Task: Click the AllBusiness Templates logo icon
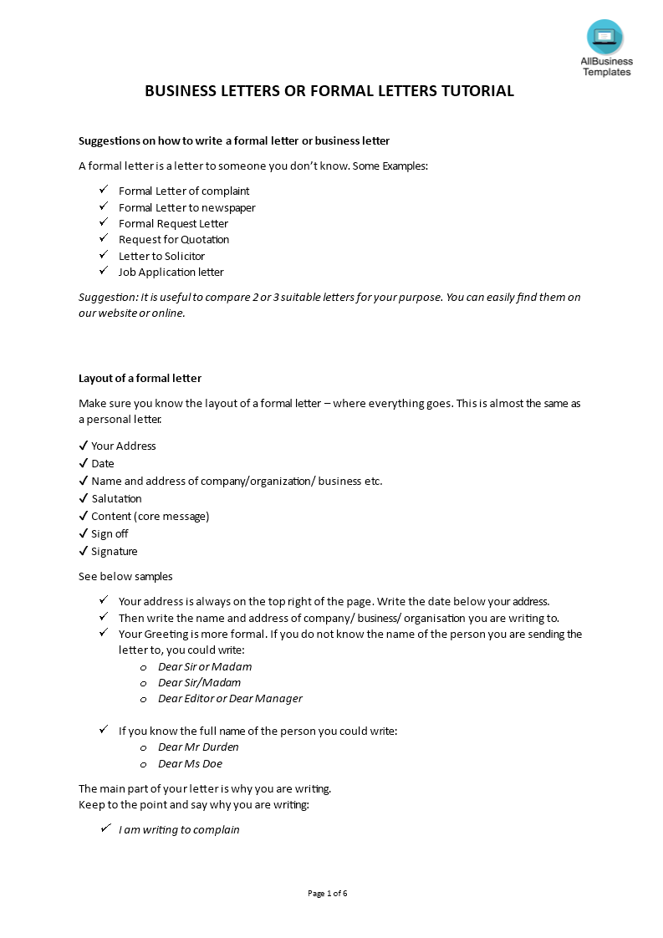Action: coord(605,37)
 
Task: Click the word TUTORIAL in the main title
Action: coord(475,91)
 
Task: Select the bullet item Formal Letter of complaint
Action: coord(184,191)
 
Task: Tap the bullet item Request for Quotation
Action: coord(173,240)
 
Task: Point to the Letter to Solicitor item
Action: coord(161,256)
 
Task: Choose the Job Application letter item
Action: coord(171,273)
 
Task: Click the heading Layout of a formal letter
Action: coord(140,379)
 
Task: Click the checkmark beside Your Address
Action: coord(84,446)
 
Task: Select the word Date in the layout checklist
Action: coord(103,464)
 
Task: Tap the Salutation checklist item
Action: coord(116,499)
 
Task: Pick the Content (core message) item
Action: coord(150,517)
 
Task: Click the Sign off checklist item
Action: coord(110,534)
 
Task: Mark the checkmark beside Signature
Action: coord(84,552)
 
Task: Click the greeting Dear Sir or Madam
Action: coord(205,667)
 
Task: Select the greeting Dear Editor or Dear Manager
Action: coord(230,699)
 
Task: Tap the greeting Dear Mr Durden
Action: coord(198,747)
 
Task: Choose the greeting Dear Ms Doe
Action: coord(190,764)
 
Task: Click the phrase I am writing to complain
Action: coord(179,830)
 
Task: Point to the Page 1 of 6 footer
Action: coord(327,894)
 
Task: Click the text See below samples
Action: coord(125,577)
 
